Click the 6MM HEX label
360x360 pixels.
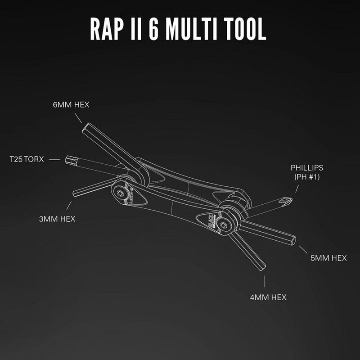click(x=71, y=104)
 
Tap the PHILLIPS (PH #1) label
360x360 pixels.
click(x=307, y=172)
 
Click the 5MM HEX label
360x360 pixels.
click(x=328, y=258)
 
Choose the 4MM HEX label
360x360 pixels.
click(x=268, y=297)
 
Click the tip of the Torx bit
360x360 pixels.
click(x=68, y=159)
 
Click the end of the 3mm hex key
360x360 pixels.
click(x=75, y=193)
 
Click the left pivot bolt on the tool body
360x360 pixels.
click(x=121, y=194)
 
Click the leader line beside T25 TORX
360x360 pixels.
click(x=54, y=159)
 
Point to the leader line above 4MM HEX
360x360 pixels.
click(x=265, y=282)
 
